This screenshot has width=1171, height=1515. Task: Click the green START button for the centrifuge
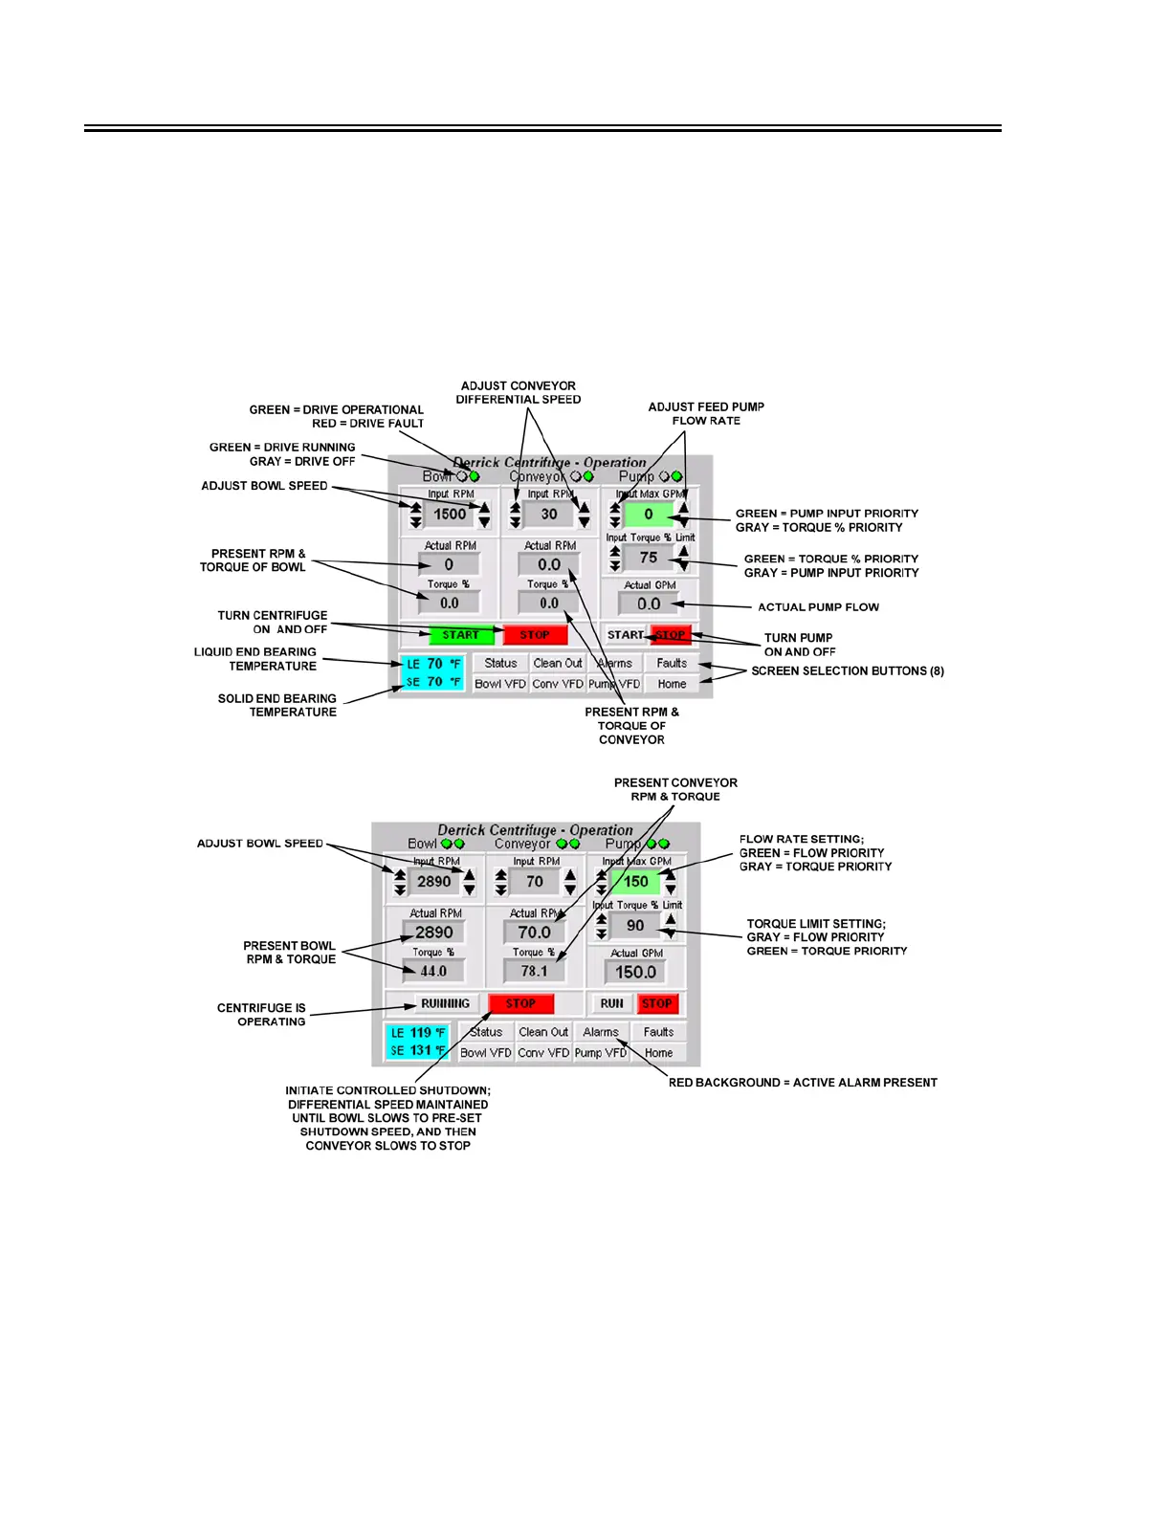(x=460, y=635)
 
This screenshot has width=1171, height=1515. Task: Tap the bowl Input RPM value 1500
(x=450, y=515)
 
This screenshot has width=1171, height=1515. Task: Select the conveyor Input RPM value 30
(x=549, y=515)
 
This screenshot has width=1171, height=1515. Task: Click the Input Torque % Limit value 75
(x=649, y=558)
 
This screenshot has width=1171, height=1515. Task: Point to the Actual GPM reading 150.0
(x=635, y=973)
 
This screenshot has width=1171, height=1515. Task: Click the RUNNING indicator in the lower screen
(x=445, y=1004)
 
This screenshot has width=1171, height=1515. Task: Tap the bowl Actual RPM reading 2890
(x=433, y=933)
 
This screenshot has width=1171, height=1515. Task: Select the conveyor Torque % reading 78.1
(x=534, y=972)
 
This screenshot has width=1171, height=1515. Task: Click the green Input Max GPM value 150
(x=636, y=882)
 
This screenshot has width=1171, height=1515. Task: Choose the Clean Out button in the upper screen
(x=558, y=663)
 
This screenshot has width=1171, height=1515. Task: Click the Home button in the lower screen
(x=658, y=1053)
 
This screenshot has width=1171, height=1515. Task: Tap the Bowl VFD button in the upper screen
(x=500, y=684)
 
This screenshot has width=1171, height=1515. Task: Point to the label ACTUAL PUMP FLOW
(x=818, y=607)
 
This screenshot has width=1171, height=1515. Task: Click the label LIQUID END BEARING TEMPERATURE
(x=255, y=659)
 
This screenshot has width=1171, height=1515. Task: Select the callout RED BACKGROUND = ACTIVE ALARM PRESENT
(x=803, y=1083)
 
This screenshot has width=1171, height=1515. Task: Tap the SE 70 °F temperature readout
(x=433, y=682)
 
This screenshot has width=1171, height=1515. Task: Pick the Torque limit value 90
(x=635, y=926)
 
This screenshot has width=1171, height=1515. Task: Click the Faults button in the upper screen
(x=672, y=663)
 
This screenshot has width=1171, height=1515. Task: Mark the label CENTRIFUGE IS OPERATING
(x=262, y=1015)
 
